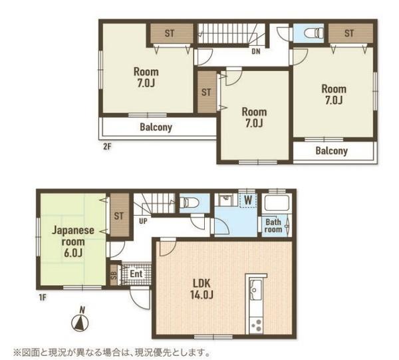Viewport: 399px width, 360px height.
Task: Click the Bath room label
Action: (274, 226)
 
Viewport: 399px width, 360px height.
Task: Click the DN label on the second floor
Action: (255, 51)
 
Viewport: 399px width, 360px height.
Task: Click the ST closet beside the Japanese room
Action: (119, 215)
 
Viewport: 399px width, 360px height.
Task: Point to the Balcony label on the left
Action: (156, 127)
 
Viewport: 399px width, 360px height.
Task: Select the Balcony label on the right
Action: (331, 151)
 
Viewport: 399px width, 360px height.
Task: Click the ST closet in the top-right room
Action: (349, 32)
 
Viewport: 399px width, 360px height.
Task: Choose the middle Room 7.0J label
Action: (254, 117)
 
